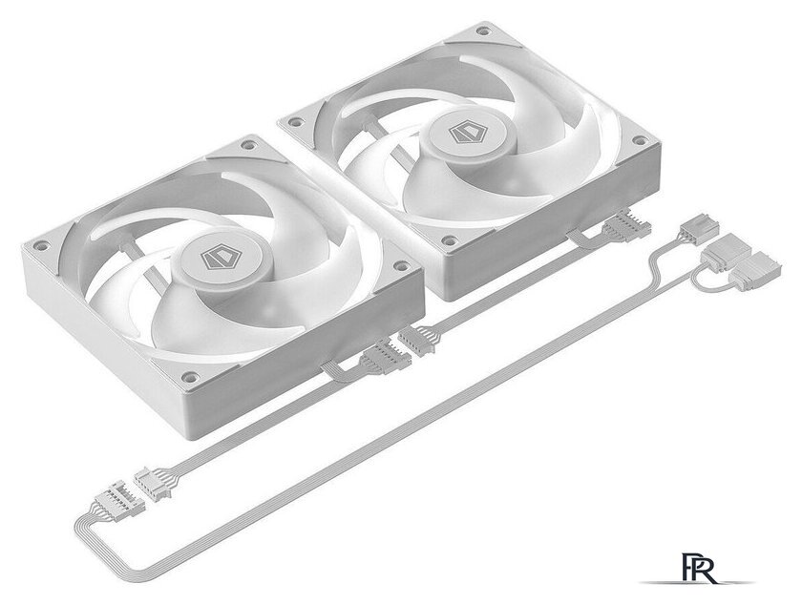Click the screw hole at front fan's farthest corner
(x=249, y=145)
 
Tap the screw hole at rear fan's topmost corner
(x=483, y=31)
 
